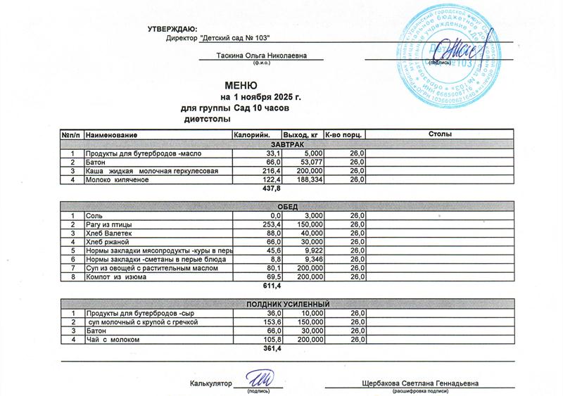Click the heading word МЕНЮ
tap(242, 84)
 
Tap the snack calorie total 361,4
tap(272, 349)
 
